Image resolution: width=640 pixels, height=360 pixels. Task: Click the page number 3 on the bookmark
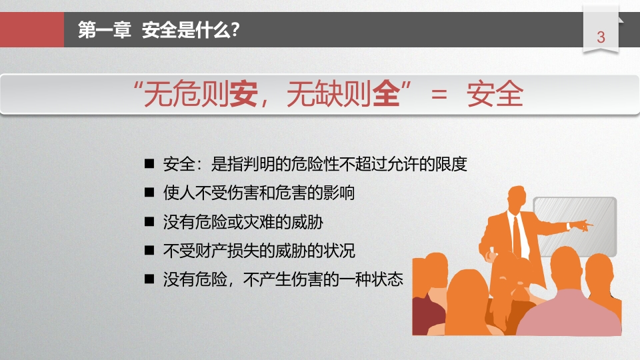tap(601, 37)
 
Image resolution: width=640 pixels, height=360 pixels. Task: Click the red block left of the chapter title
tap(32, 29)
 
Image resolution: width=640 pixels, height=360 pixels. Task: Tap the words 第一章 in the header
tap(105, 30)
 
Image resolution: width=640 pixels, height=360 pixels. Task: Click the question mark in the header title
tap(235, 30)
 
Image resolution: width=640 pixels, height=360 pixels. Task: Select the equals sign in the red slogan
tap(439, 94)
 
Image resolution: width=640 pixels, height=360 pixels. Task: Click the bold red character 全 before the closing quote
tap(386, 94)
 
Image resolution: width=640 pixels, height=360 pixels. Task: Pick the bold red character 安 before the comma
tap(244, 94)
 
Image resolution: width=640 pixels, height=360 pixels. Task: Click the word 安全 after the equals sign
tap(495, 94)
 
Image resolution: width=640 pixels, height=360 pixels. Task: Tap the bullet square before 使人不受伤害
tap(149, 193)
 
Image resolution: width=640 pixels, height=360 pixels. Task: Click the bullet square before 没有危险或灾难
tap(149, 221)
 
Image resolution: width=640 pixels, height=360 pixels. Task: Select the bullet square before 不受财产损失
tap(149, 250)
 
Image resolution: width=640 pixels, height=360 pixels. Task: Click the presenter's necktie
tap(517, 236)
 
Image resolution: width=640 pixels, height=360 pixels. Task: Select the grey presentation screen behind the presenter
tap(575, 227)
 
